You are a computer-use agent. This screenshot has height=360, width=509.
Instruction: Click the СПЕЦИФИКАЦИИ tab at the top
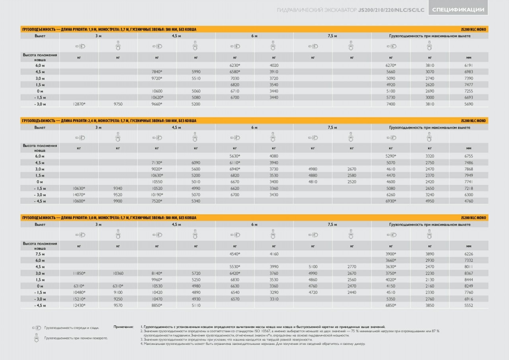pyautogui.click(x=458, y=10)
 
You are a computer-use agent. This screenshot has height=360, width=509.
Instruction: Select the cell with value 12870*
pyautogui.click(x=79, y=104)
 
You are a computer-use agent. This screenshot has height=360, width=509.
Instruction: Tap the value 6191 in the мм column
pyautogui.click(x=468, y=65)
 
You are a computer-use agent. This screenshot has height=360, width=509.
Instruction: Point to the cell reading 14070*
pyautogui.click(x=79, y=195)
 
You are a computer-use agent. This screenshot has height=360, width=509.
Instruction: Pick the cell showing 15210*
pyautogui.click(x=79, y=299)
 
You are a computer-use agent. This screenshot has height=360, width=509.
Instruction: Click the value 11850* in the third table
pyautogui.click(x=79, y=273)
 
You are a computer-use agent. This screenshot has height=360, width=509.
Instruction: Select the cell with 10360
pyautogui.click(x=118, y=273)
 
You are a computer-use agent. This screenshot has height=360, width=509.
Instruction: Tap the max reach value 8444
pyautogui.click(x=468, y=280)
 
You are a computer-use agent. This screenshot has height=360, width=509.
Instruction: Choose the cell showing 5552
pyautogui.click(x=468, y=305)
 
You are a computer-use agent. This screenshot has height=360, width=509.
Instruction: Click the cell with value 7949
pyautogui.click(x=468, y=175)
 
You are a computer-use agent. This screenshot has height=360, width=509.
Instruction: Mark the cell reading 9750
pyautogui.click(x=118, y=104)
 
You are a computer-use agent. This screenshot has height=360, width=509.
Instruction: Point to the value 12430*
pyautogui.click(x=79, y=305)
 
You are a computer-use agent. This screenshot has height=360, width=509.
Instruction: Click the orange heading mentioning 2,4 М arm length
pyautogui.click(x=109, y=121)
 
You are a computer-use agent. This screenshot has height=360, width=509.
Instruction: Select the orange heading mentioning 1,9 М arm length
pyautogui.click(x=109, y=29)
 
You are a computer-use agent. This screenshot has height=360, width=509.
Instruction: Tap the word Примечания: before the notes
pyautogui.click(x=123, y=327)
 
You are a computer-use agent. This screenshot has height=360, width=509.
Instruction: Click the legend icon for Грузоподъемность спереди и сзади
pyautogui.click(x=36, y=328)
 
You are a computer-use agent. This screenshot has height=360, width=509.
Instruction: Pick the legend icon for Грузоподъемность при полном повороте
pyautogui.click(x=36, y=338)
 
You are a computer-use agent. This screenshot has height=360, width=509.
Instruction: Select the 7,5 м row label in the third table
pyautogui.click(x=40, y=254)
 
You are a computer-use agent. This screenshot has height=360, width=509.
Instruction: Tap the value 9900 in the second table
pyautogui.click(x=118, y=201)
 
